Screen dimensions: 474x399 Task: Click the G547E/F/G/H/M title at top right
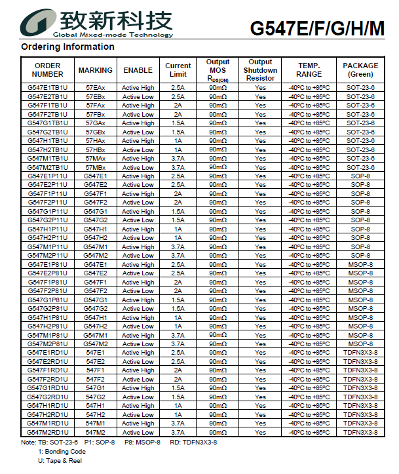tap(317, 29)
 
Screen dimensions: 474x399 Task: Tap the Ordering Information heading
tap(67, 47)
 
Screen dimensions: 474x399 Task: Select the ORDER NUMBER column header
tap(48, 70)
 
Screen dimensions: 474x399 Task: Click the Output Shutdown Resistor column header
tap(260, 70)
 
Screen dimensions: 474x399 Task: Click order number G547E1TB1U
tap(48, 87)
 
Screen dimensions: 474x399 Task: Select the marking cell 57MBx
tap(95, 167)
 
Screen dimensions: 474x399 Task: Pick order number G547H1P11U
tap(48, 229)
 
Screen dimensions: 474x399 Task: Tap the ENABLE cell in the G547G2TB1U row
tap(138, 132)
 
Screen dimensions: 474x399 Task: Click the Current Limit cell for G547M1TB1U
tap(178, 159)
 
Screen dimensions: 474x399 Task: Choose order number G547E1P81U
tap(48, 265)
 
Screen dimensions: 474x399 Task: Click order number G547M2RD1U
tap(48, 433)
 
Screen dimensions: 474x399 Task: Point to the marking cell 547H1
tap(95, 406)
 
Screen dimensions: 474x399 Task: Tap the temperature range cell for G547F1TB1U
tap(309, 105)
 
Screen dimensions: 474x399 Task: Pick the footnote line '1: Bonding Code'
tap(62, 452)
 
